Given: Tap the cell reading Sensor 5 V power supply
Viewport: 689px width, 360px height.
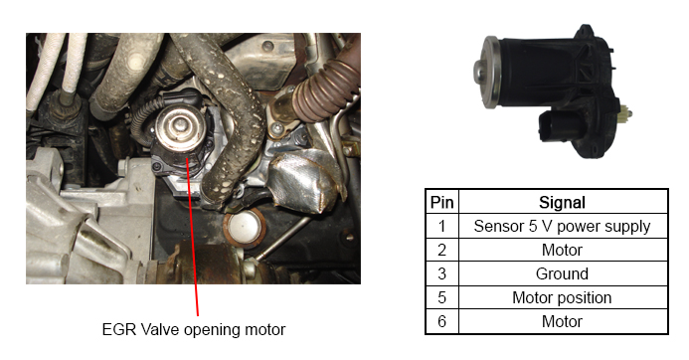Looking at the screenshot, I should click(563, 226).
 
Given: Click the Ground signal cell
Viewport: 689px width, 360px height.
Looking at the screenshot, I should click(563, 272).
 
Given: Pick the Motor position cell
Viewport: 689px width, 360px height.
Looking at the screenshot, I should click(563, 296).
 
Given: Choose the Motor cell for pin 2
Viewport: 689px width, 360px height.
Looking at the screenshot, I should click(563, 250).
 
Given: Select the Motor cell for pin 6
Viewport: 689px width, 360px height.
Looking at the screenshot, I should click(563, 320).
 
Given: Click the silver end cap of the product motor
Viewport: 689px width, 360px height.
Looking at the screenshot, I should click(489, 68).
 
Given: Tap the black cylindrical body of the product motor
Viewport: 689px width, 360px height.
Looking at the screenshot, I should click(532, 70).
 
